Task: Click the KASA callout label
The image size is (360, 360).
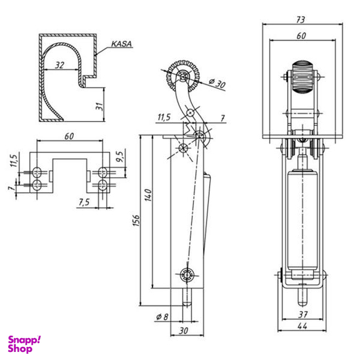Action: coord(121,44)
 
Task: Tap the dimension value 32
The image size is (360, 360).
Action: coord(60,65)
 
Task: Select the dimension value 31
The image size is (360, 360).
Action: coord(99,106)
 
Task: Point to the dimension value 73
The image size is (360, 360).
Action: coord(301,20)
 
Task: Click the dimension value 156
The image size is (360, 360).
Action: coord(136,221)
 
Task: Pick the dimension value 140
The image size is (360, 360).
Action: coord(149,195)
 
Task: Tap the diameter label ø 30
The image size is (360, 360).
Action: coord(217,83)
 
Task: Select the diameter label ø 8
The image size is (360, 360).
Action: coord(162,317)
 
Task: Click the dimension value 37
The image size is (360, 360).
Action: coord(303,314)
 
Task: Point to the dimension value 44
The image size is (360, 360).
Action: coord(302,326)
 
